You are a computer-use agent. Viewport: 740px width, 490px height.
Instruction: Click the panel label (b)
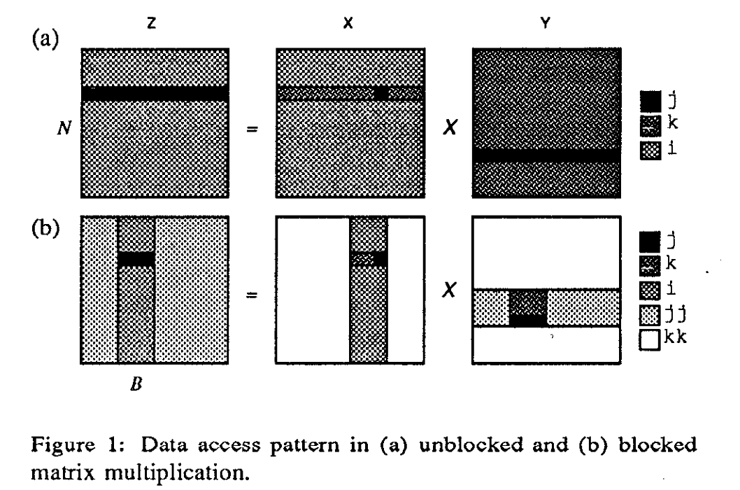tap(43, 231)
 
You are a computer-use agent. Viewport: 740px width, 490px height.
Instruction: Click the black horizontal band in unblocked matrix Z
tap(155, 94)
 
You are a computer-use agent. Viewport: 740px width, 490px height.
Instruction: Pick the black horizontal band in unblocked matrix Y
tap(546, 155)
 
